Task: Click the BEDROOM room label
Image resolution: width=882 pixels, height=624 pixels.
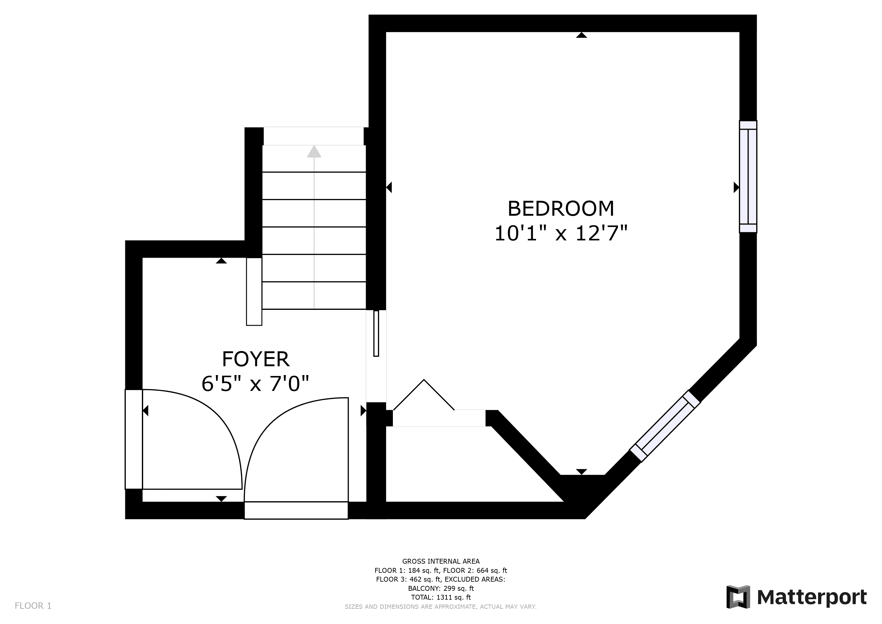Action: tap(561, 209)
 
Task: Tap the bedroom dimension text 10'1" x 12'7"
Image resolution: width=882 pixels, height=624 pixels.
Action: tap(561, 233)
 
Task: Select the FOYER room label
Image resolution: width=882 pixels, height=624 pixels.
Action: tap(256, 359)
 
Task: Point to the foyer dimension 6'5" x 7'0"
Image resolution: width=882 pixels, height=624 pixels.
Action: tap(256, 384)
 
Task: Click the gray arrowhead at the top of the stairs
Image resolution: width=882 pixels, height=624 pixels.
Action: tap(314, 151)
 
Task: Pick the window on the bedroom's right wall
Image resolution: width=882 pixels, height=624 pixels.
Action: tap(748, 177)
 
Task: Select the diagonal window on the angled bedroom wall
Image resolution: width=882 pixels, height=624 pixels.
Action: tap(665, 426)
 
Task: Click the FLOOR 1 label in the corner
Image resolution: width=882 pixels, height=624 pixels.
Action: tap(33, 606)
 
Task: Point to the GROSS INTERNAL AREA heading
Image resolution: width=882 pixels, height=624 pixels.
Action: tap(441, 561)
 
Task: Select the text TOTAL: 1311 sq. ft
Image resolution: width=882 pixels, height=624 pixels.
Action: tap(441, 597)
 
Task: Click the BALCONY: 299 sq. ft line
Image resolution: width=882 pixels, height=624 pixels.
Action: tap(441, 588)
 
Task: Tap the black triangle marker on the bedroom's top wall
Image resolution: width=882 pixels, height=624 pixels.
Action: tap(582, 35)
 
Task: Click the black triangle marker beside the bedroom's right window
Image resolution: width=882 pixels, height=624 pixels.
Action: tap(736, 187)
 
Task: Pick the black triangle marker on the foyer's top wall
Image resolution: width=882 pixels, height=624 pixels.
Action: tap(221, 261)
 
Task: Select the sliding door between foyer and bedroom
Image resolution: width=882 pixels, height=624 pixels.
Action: tap(376, 333)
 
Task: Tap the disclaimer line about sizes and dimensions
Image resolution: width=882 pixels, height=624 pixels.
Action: tap(441, 607)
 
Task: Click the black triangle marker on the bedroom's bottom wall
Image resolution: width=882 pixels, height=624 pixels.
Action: tap(582, 472)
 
